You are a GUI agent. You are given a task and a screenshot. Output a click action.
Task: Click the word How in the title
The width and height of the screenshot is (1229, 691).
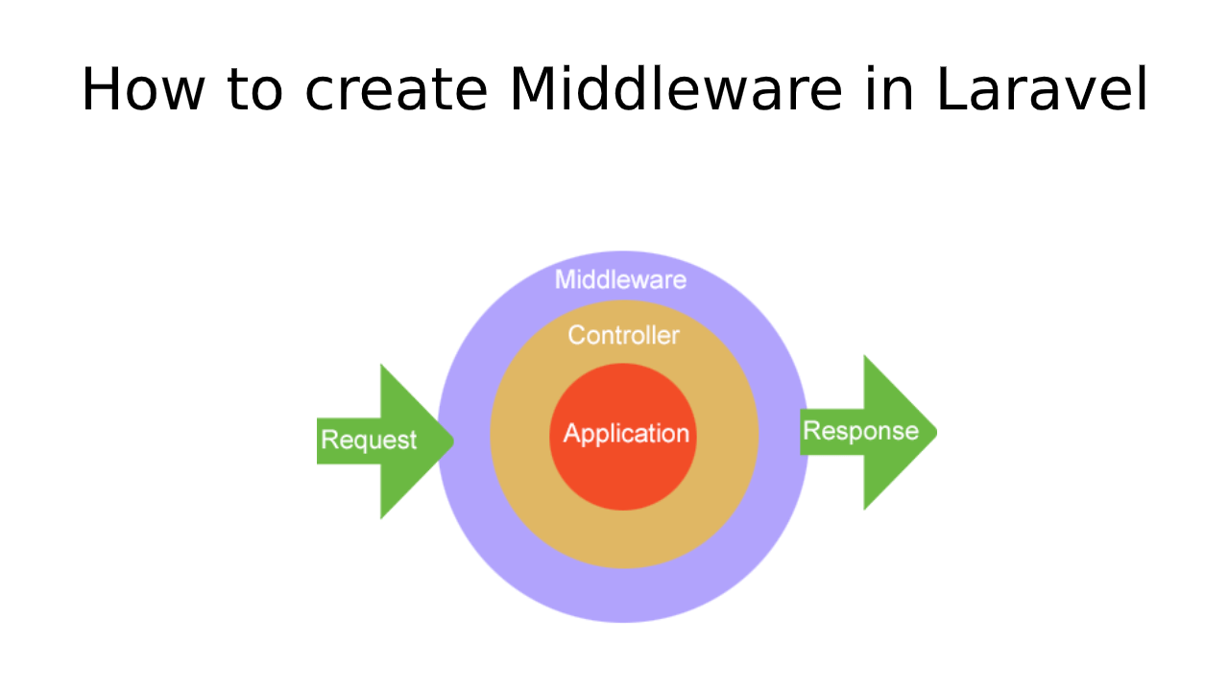141,91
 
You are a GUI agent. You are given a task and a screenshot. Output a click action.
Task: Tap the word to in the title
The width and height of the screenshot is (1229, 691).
255,91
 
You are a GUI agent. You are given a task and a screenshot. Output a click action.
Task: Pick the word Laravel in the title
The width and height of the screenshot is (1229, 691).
1042,91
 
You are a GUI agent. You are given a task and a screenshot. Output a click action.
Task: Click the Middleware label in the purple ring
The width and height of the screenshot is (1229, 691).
621,280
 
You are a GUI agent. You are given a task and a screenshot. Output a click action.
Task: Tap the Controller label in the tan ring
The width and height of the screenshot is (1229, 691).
623,336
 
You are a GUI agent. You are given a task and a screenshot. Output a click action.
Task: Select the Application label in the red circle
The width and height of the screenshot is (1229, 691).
626,434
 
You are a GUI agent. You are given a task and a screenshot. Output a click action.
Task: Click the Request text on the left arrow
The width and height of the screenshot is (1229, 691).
369,441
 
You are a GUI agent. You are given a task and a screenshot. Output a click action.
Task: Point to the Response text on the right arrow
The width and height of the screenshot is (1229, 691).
860,431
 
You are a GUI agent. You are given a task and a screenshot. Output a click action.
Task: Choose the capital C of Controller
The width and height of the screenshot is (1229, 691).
576,336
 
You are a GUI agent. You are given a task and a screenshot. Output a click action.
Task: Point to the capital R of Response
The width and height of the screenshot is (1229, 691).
810,431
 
